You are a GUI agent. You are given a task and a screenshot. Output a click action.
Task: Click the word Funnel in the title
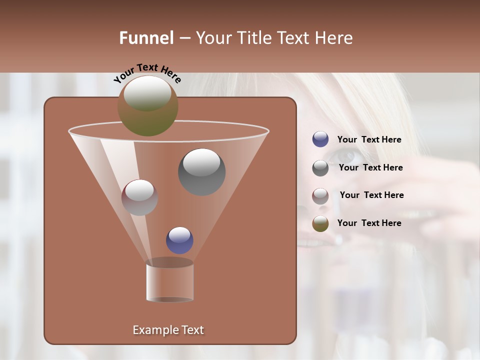[x=146, y=38]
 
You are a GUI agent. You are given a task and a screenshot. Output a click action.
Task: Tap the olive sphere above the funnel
[x=148, y=105]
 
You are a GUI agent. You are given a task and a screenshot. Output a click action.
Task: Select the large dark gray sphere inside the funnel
[x=201, y=171]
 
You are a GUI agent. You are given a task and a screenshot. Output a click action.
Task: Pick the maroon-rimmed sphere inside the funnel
[x=139, y=197]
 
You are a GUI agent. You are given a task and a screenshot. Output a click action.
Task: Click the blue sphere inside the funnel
[x=179, y=240]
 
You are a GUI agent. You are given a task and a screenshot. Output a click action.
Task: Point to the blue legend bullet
[x=320, y=139]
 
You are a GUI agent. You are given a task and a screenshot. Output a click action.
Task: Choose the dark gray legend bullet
[x=320, y=168]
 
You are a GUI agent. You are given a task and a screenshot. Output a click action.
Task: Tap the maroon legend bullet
[x=320, y=195]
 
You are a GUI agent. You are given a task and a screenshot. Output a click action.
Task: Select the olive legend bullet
[x=320, y=223]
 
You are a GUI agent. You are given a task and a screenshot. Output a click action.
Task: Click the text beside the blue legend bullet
[x=369, y=140]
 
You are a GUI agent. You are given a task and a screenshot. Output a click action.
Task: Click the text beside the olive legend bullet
[x=369, y=223]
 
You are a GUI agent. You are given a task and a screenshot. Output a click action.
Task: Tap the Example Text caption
[x=168, y=330]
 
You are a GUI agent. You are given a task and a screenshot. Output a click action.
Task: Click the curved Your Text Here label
[x=147, y=73]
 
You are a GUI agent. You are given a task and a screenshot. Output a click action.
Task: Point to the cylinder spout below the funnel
[x=169, y=280]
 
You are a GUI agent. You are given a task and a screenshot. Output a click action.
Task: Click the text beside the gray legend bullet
[x=370, y=168]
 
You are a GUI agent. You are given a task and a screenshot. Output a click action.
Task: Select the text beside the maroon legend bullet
[x=371, y=195]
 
